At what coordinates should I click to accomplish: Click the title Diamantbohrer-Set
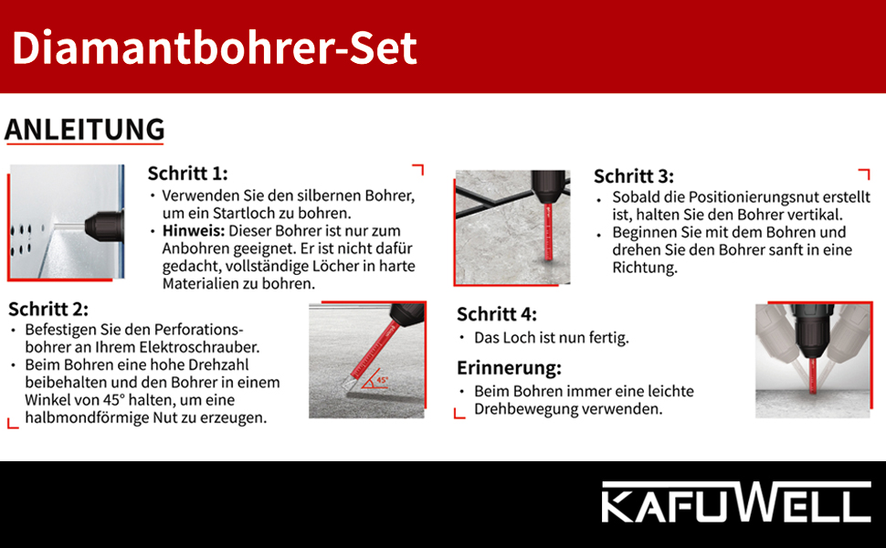(215, 47)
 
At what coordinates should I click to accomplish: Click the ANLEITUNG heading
(84, 130)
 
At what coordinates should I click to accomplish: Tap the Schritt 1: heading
(187, 174)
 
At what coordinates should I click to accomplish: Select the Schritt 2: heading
(48, 309)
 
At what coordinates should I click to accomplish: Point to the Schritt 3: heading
(633, 176)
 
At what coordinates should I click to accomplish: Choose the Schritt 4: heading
(496, 314)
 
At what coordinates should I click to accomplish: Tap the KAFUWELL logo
(734, 504)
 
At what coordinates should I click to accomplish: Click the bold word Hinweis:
(188, 231)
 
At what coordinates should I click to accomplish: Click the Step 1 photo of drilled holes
(67, 222)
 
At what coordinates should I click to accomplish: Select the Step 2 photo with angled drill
(366, 360)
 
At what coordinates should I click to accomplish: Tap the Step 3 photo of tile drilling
(512, 227)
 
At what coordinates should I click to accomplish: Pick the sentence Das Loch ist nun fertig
(551, 338)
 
